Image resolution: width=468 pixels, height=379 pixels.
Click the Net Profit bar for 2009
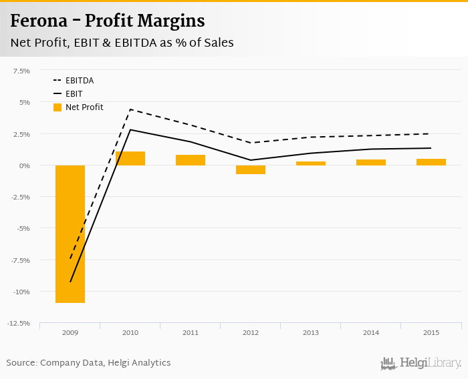coord(70,234)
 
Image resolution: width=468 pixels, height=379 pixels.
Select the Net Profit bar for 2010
coord(130,158)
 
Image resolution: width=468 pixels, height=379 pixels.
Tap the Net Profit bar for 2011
coord(191,160)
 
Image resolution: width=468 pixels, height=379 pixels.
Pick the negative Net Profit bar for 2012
coord(251,169)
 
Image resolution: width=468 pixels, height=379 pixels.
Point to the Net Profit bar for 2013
coord(311,163)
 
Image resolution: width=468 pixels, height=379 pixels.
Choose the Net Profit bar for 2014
coord(371,162)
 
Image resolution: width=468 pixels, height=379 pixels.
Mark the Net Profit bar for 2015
coord(431,162)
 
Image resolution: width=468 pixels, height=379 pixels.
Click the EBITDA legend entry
coord(79,81)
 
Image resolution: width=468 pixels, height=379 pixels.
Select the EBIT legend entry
coord(74,94)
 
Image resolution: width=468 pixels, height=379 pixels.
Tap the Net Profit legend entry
coord(84,107)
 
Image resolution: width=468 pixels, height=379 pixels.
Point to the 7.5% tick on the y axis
coord(21,71)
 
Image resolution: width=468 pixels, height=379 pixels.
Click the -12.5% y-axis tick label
coord(19,324)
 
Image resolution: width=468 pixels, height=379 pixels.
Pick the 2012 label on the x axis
coord(251,332)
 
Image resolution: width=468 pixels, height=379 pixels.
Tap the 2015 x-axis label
coord(431,332)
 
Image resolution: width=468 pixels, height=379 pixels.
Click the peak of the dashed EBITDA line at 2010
coord(130,109)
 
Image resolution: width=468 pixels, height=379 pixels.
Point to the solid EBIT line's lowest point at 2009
coord(70,282)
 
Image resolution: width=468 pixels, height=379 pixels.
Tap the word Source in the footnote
coord(21,363)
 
